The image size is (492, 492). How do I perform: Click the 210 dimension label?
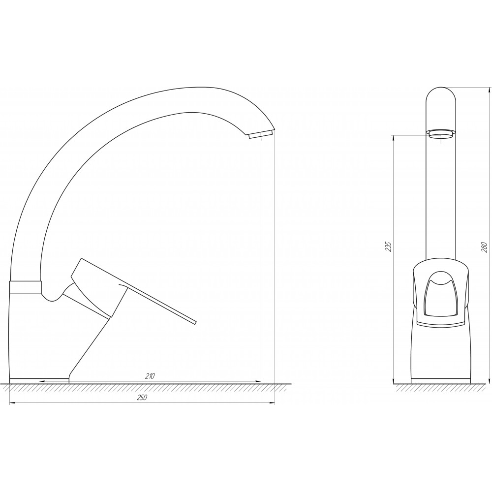[x=150, y=376]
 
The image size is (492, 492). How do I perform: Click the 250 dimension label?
[x=142, y=397]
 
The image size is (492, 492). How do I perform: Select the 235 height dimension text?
[x=389, y=247]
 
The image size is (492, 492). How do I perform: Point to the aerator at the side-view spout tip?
[x=260, y=134]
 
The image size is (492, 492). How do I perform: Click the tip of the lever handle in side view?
[x=195, y=322]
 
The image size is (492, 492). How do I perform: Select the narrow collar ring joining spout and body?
[x=26, y=287]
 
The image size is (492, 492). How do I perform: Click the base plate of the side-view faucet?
[x=39, y=381]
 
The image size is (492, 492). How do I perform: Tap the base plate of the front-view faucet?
[x=440, y=381]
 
